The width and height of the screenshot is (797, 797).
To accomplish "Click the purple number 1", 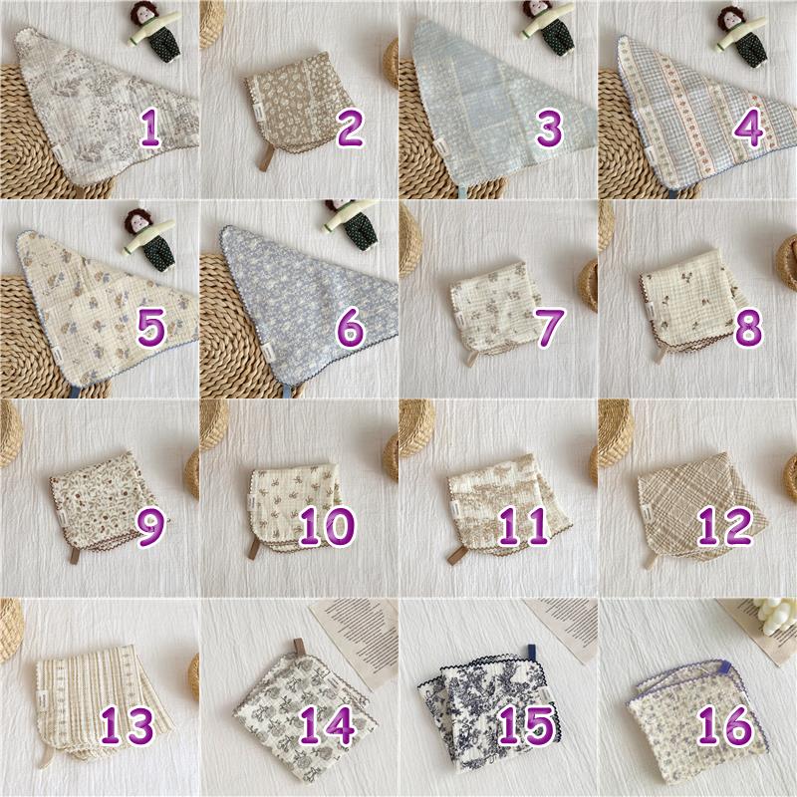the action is point(149,129).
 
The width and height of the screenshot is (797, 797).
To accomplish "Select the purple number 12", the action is point(725,526).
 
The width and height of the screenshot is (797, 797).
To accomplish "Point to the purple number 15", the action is point(526,725).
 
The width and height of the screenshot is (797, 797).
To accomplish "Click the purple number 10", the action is point(327,526).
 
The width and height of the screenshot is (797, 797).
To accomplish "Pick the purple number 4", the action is point(748,129).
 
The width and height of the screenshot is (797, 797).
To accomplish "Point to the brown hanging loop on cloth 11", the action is point(456,555).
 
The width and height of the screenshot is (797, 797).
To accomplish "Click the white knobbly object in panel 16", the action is point(775,615).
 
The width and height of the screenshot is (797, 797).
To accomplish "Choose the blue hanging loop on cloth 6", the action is point(289,391).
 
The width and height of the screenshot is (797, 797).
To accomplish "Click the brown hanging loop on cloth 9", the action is point(75,556).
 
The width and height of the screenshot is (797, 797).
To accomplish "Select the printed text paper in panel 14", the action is point(356,644).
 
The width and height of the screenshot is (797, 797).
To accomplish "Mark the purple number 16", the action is point(725,725).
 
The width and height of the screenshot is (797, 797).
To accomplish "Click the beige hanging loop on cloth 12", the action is point(652,560).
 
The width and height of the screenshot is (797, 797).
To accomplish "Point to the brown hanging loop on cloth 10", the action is point(253,549).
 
